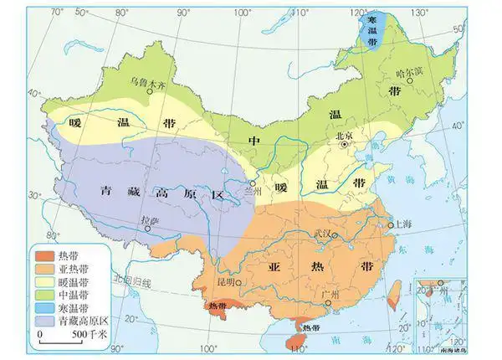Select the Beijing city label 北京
(x=344, y=135)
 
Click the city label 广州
(x=329, y=296)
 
